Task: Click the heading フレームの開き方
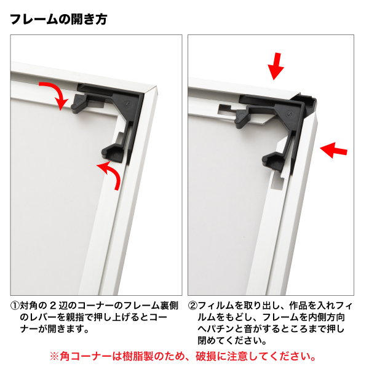point(58,19)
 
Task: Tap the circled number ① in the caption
point(15,306)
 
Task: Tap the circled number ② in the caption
point(192,306)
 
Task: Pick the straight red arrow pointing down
point(276,66)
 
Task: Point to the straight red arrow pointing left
point(333,150)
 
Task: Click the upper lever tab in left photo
point(79,104)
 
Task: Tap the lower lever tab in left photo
point(113,154)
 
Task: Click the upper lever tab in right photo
point(242,118)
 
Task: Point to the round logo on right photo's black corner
point(290,114)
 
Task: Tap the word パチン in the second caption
point(221,329)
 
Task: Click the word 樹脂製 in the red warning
point(138,356)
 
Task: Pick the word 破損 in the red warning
point(205,356)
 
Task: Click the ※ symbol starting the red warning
point(54,356)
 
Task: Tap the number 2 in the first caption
point(53,306)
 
